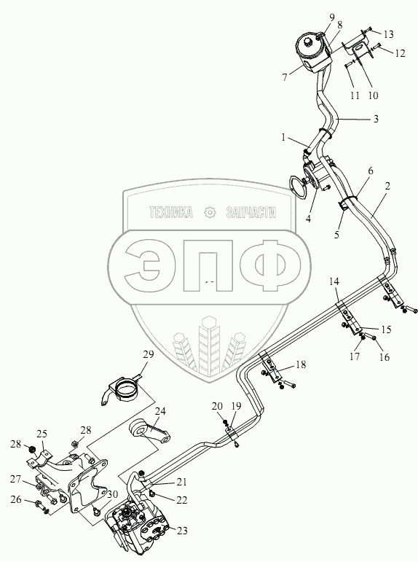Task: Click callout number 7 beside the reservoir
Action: (x=285, y=77)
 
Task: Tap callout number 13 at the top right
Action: (x=388, y=34)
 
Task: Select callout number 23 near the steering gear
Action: (x=182, y=531)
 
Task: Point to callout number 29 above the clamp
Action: (x=149, y=354)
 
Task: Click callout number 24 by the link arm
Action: (x=160, y=411)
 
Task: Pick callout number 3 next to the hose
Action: (x=376, y=119)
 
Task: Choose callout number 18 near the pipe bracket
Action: (x=301, y=364)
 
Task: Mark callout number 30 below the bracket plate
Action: (x=112, y=494)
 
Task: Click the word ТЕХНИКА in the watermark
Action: (x=171, y=213)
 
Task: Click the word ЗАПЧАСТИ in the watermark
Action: (x=251, y=213)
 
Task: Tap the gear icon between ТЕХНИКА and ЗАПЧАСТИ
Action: (x=209, y=213)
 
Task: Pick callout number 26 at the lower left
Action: (x=16, y=499)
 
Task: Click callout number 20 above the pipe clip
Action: (x=218, y=406)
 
